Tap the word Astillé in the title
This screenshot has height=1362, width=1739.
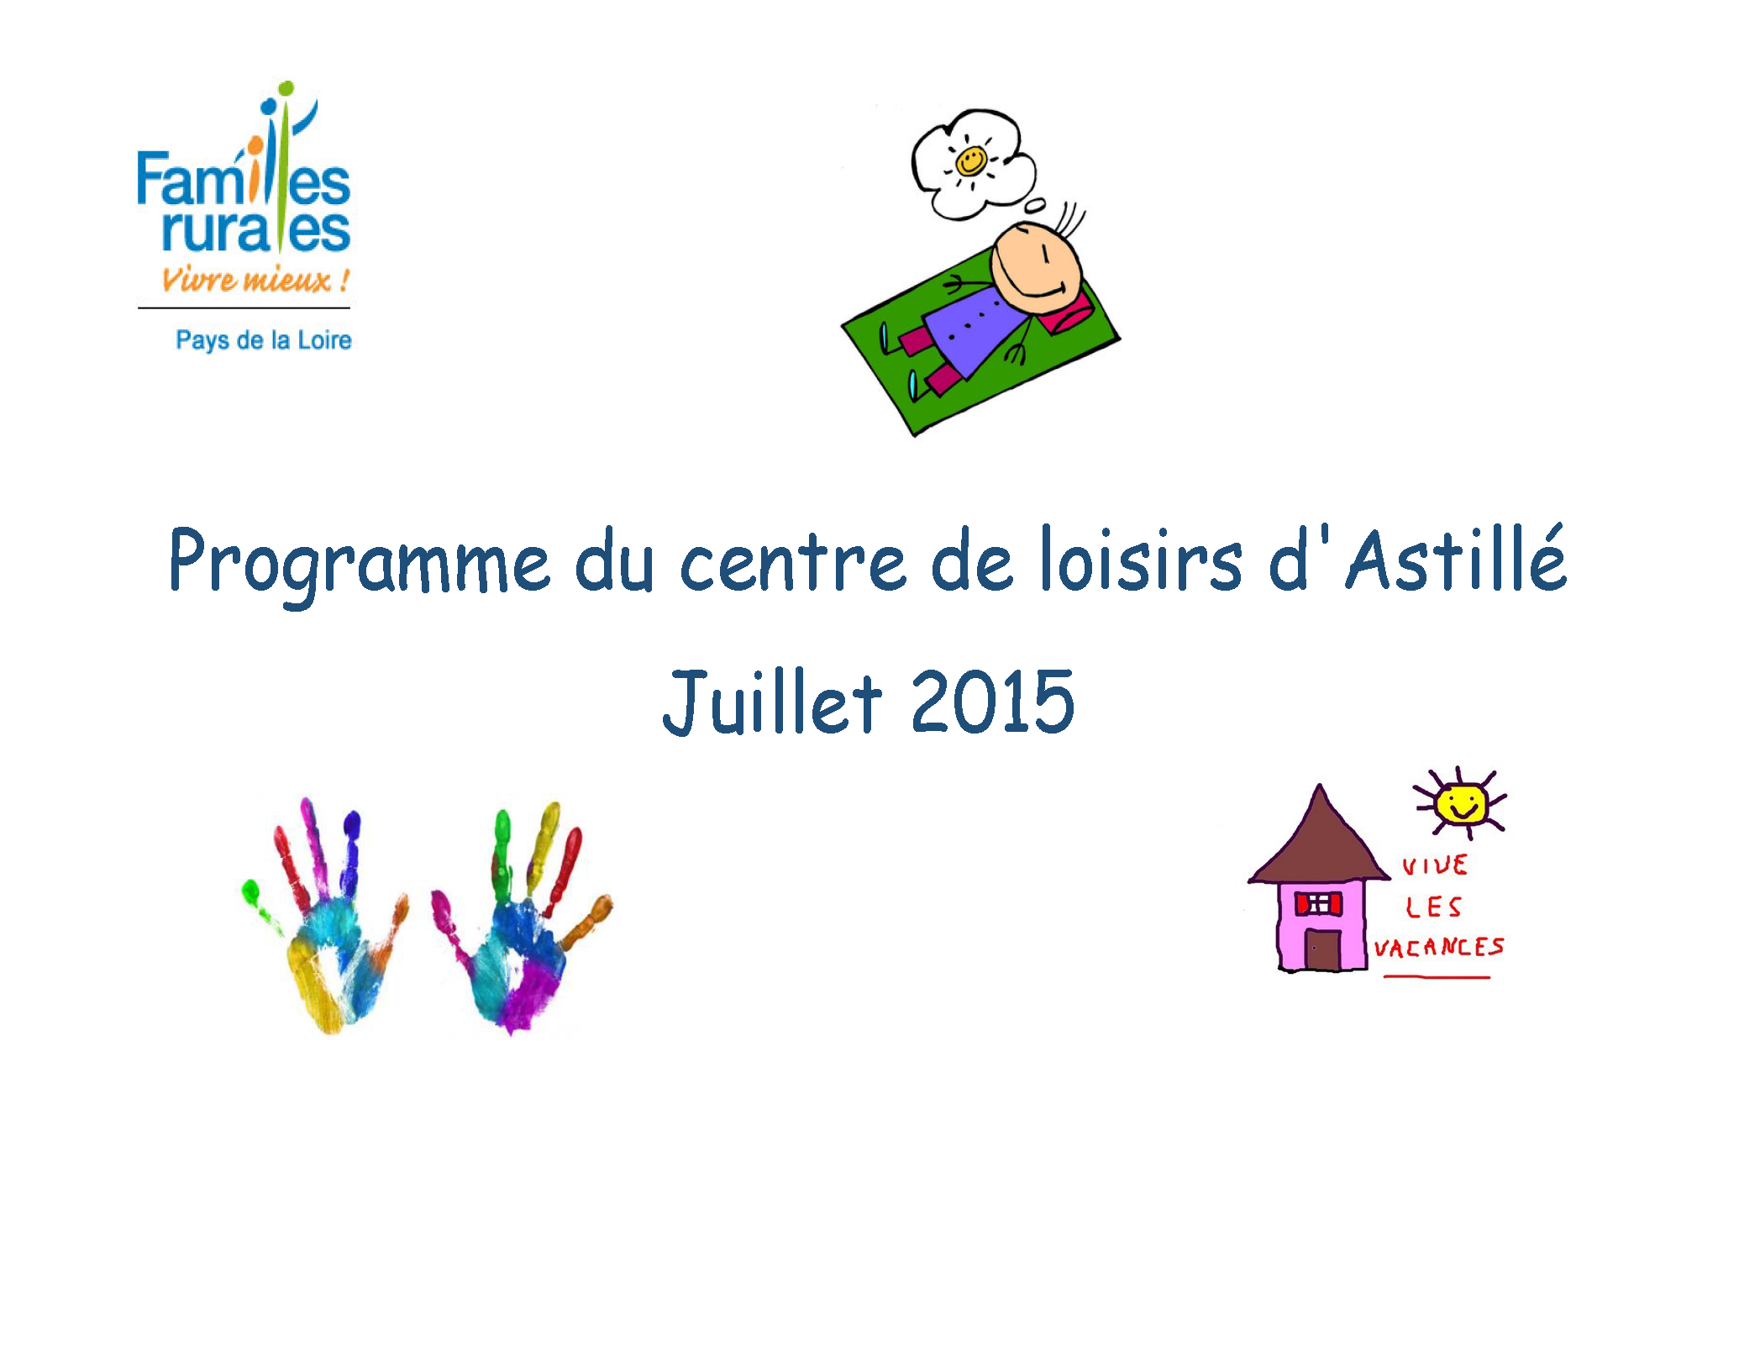click(1457, 556)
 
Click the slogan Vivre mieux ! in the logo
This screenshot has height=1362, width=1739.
click(255, 279)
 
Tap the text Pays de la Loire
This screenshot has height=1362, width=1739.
click(264, 340)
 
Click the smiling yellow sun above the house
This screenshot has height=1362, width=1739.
click(1460, 803)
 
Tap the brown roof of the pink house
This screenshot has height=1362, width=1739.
click(1319, 840)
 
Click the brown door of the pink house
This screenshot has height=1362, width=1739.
click(1322, 949)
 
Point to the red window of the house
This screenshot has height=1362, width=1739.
click(1318, 903)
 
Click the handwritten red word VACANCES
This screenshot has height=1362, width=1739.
click(1438, 948)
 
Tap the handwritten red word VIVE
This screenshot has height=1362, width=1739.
click(1435, 865)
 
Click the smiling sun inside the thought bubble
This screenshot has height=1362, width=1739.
click(971, 160)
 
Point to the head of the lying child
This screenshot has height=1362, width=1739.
click(1035, 267)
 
